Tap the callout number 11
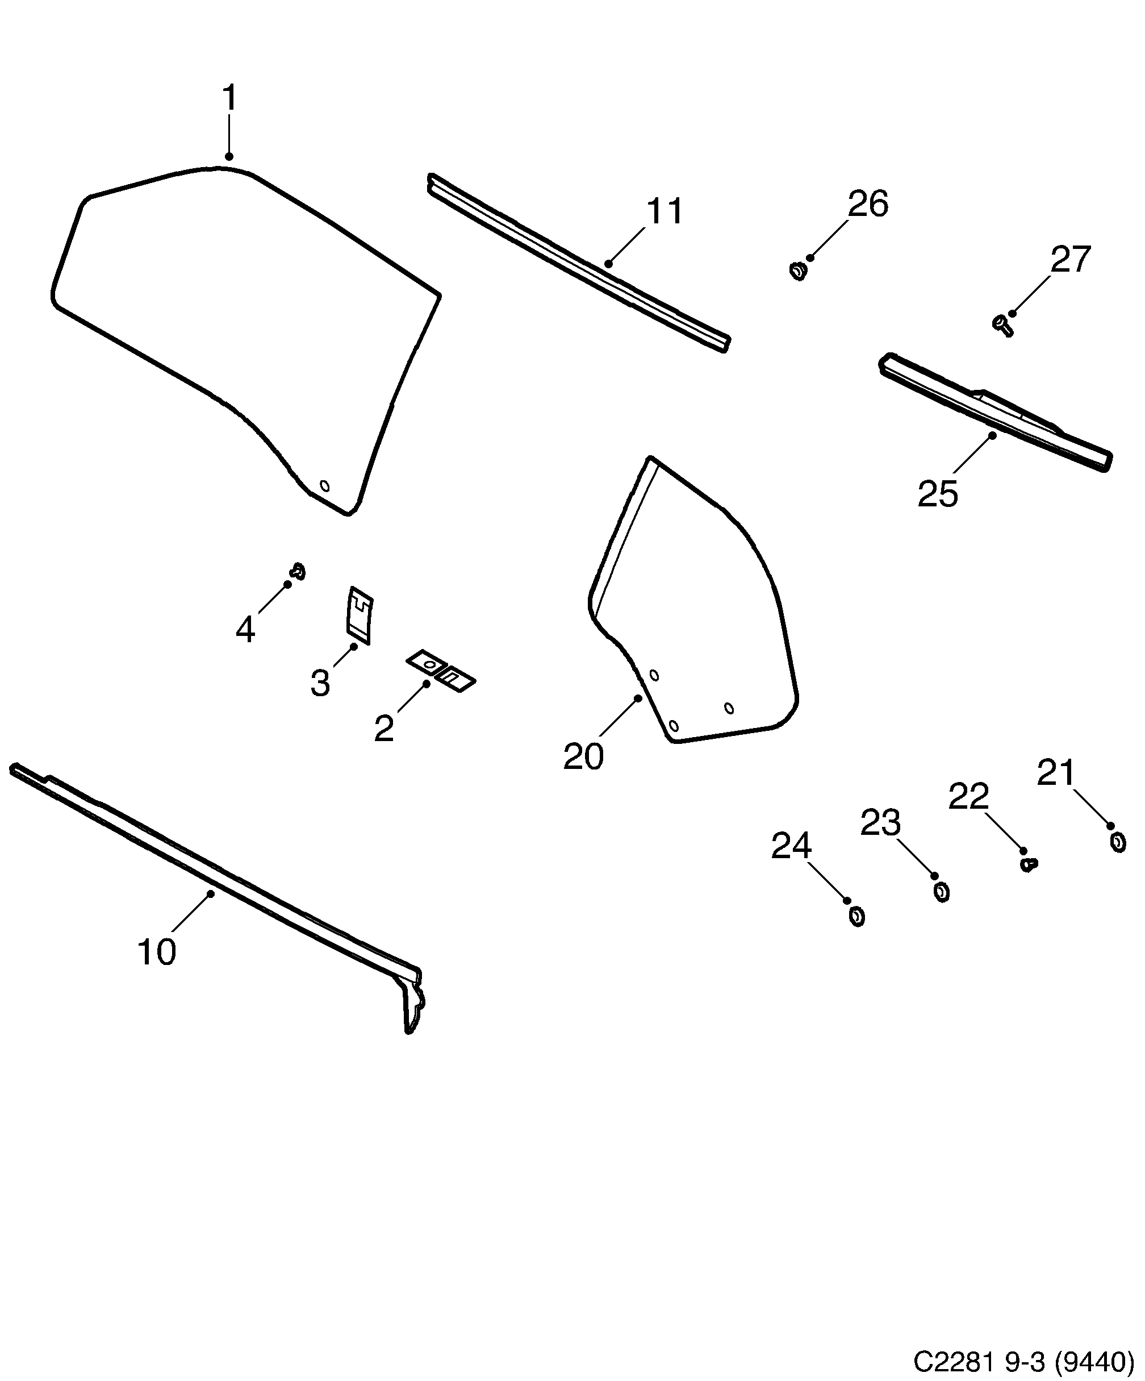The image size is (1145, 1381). pos(665,212)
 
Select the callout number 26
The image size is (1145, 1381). pos(868,204)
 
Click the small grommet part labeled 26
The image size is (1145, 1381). pos(798,271)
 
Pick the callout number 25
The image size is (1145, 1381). pos(937,493)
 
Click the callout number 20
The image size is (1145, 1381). pos(583,757)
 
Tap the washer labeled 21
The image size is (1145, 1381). pos(1117,842)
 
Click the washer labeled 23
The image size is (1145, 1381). pos(941,892)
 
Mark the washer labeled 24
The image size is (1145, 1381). pos(856,916)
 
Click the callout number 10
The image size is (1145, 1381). pos(156,951)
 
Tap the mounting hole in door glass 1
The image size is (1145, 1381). pos(324,486)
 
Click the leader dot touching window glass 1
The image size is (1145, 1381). pos(229,156)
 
